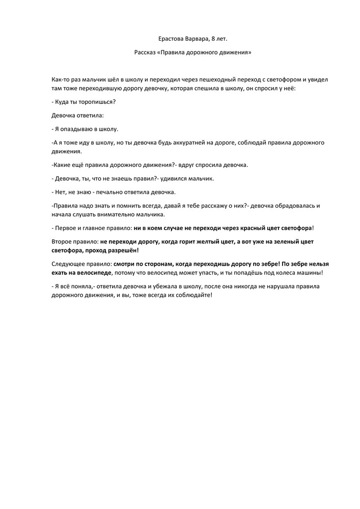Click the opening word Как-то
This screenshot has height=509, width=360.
tap(61, 80)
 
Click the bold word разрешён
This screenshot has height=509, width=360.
tap(122, 250)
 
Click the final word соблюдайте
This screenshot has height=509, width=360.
tap(191, 295)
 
